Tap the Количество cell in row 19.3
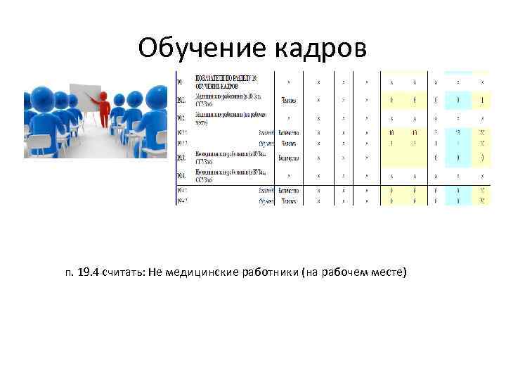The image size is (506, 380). coord(289,158)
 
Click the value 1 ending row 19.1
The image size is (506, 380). coord(481,99)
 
